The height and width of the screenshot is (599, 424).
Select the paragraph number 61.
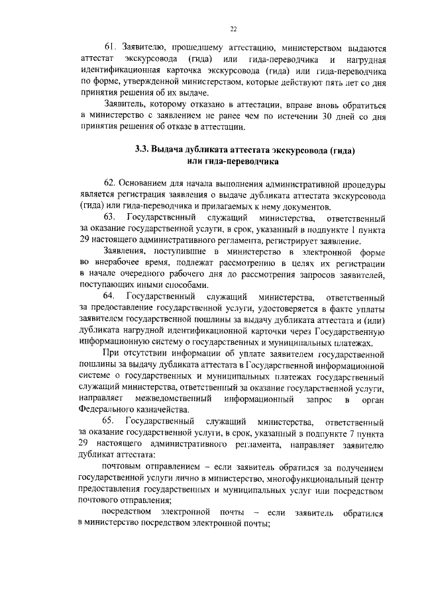(112, 48)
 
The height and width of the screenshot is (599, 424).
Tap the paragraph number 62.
(111, 181)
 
